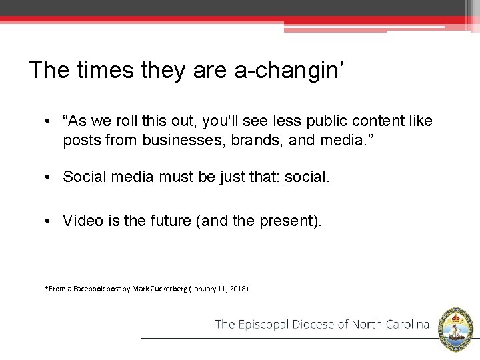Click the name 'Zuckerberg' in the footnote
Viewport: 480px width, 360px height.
point(167,289)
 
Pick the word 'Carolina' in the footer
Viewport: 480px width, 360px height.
point(406,325)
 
